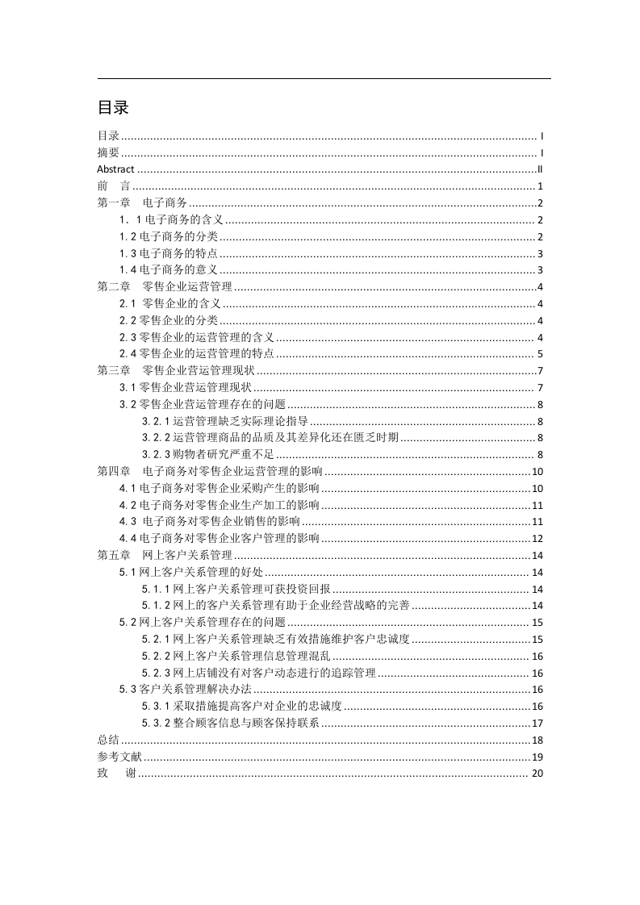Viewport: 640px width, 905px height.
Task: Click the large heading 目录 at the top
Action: tap(113, 107)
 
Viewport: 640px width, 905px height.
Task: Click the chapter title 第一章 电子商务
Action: tap(142, 203)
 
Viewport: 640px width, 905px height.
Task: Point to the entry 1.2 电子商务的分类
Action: tap(169, 236)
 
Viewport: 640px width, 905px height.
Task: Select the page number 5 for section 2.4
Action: tap(540, 353)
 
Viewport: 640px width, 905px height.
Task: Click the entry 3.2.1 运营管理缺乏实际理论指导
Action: tap(225, 421)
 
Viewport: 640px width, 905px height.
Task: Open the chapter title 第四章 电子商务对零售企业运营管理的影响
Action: tap(210, 471)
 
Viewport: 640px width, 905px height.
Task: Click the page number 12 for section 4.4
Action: tap(537, 538)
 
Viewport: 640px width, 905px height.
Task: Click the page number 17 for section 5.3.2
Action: tap(537, 723)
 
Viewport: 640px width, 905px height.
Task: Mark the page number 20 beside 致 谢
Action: tap(537, 774)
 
